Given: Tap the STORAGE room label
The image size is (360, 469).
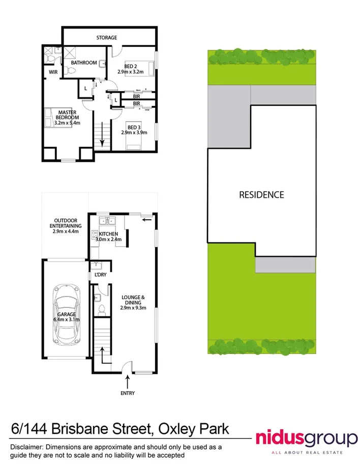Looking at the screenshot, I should pos(107,38).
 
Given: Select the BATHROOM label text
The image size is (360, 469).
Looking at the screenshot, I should pos(83,63).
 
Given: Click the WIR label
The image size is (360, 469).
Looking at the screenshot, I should pos(53,73).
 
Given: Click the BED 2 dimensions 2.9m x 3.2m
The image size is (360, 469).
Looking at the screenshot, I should pos(133,72).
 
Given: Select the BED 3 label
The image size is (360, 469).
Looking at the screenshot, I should pos(134,127).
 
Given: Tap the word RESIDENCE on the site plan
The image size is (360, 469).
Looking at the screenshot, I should pos(261,194).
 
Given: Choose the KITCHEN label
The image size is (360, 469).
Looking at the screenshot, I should pos(109,234).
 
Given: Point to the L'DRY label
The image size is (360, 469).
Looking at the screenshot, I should pos(100,275).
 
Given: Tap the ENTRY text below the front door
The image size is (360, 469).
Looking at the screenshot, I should pos(128,393).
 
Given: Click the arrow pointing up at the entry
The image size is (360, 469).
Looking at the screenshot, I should pos(128,380).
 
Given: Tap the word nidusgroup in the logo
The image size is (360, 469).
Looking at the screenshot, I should pos(305,438).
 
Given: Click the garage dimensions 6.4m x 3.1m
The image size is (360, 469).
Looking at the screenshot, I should pos(67,319).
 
